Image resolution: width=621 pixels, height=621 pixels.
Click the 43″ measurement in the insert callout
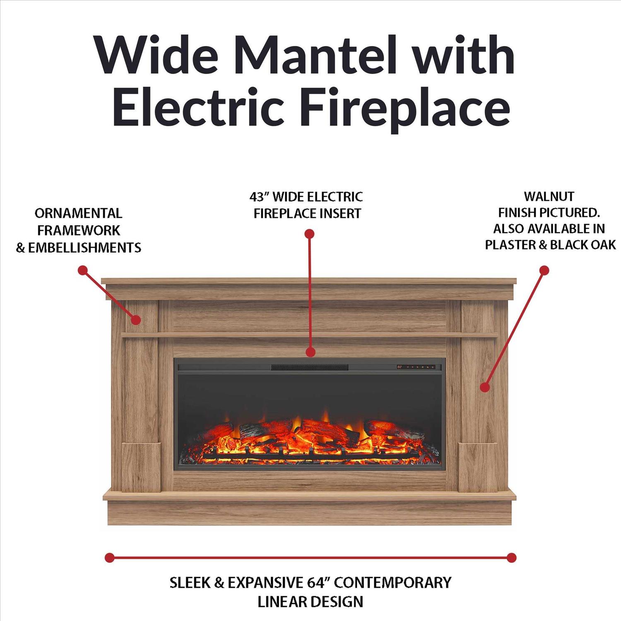click(x=259, y=196)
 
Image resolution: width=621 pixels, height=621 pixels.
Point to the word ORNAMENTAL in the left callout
click(x=78, y=213)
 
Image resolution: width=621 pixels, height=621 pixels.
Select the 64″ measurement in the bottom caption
click(x=317, y=582)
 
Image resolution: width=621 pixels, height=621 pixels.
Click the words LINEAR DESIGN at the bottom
click(x=310, y=602)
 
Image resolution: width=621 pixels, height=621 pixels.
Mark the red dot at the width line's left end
click(x=109, y=557)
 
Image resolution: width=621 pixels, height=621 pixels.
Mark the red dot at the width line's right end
click(x=512, y=557)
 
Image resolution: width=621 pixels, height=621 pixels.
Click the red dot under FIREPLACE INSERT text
click(x=309, y=234)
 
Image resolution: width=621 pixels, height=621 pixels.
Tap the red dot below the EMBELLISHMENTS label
click(x=83, y=270)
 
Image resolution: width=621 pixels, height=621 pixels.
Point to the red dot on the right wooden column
click(x=484, y=387)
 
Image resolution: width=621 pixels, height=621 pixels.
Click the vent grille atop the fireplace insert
click(x=310, y=367)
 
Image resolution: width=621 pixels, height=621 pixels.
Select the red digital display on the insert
click(x=400, y=367)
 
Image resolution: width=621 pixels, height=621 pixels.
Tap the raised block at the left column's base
click(x=141, y=467)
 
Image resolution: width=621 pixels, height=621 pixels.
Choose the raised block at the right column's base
click(x=478, y=467)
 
